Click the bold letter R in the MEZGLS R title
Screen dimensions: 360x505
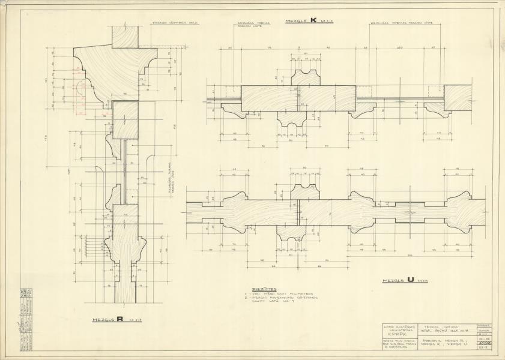[x=120, y=320]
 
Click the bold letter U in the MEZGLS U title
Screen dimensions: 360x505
[x=410, y=280]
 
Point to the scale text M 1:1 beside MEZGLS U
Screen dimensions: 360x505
[x=423, y=281]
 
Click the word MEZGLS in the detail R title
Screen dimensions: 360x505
[x=104, y=321]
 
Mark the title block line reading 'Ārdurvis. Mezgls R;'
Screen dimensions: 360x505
[x=440, y=341]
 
